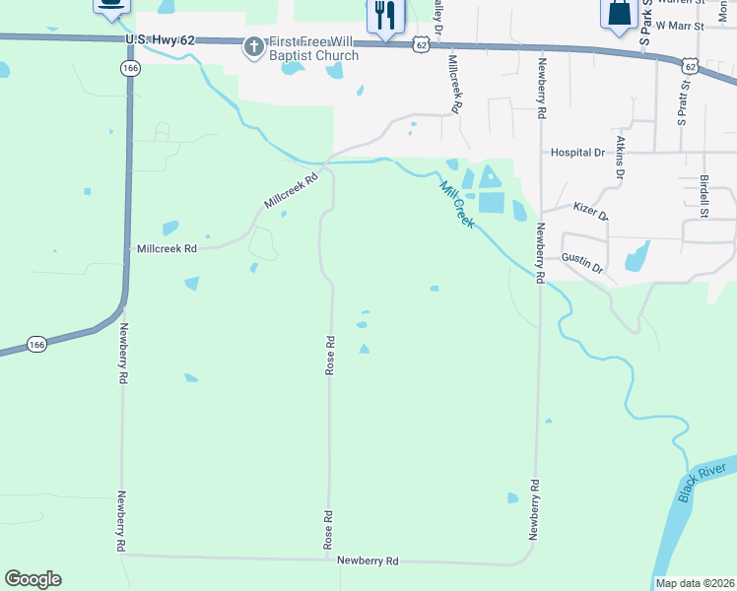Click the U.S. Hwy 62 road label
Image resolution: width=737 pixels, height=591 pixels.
click(x=157, y=39)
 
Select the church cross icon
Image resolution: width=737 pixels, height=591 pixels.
click(x=254, y=46)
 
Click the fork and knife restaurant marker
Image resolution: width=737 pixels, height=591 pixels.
click(x=383, y=14)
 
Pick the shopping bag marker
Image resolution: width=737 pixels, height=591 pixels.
click(x=618, y=13)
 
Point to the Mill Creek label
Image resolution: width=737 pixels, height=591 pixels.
click(x=458, y=206)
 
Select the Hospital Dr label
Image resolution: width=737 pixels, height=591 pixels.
click(x=577, y=153)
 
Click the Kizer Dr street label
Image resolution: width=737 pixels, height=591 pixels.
click(x=590, y=211)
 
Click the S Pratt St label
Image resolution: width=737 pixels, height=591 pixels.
click(x=681, y=104)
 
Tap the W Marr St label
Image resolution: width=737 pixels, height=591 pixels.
click(x=681, y=25)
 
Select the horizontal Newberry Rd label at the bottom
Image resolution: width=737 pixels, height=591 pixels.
click(x=368, y=561)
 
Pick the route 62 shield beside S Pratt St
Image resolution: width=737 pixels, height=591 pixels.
click(x=689, y=65)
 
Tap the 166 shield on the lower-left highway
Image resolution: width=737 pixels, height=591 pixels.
click(x=36, y=345)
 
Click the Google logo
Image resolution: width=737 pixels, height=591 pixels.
click(x=33, y=579)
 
